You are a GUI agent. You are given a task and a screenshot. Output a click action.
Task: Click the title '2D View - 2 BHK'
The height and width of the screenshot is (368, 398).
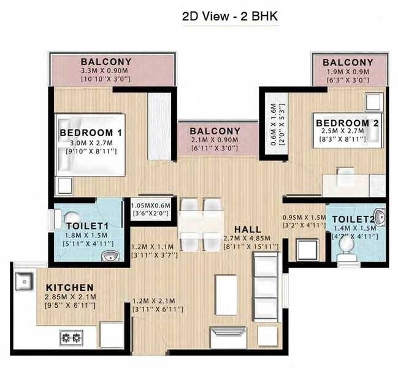(x=230, y=17)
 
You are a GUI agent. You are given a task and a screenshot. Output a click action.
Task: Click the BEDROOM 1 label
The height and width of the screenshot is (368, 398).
(x=94, y=132)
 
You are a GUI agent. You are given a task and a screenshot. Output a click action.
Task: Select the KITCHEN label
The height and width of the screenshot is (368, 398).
(x=69, y=287)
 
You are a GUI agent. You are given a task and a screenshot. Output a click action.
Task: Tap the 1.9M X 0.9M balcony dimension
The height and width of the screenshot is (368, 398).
(x=348, y=71)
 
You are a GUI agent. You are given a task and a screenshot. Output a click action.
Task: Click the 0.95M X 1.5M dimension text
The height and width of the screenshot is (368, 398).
(x=303, y=217)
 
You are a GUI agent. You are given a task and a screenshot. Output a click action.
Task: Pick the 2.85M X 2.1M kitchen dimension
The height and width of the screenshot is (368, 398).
(x=69, y=297)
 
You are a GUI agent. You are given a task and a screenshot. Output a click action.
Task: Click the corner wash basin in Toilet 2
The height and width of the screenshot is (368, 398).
(x=380, y=215)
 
